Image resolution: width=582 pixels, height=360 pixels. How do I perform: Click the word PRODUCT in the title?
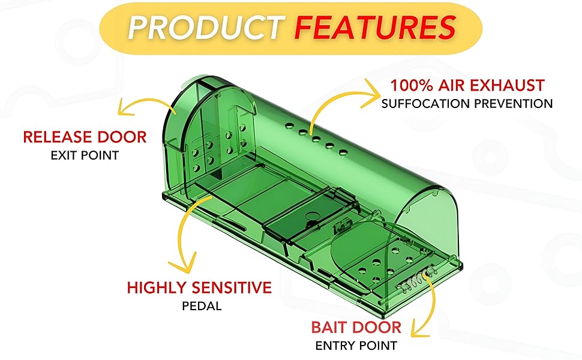coord(203,27)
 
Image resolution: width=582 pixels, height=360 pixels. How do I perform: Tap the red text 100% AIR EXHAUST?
coord(467,85)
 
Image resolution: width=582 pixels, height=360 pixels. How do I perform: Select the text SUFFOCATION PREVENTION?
coord(467,104)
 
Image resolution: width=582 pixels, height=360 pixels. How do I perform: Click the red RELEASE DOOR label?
coord(85,137)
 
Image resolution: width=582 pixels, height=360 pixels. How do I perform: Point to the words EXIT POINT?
coord(85,155)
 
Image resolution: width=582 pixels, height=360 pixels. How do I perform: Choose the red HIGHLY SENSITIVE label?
coord(199,287)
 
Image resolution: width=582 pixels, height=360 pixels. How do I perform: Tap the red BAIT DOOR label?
coord(356,328)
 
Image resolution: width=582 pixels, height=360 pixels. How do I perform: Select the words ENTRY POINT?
coord(356,346)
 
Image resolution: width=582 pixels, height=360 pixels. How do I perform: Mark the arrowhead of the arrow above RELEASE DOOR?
coord(124,109)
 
